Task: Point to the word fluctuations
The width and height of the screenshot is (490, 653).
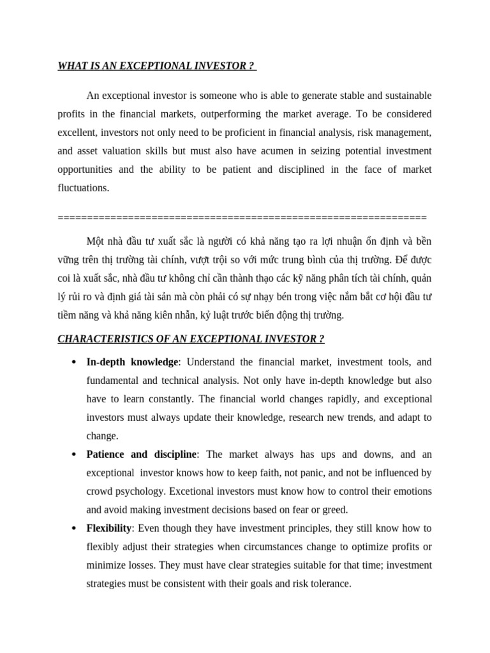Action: (83, 188)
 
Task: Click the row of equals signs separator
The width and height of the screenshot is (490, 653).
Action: (242, 217)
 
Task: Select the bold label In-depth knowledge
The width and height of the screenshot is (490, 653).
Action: (132, 362)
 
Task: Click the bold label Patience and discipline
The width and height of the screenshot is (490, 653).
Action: (142, 455)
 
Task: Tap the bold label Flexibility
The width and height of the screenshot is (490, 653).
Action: (109, 528)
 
